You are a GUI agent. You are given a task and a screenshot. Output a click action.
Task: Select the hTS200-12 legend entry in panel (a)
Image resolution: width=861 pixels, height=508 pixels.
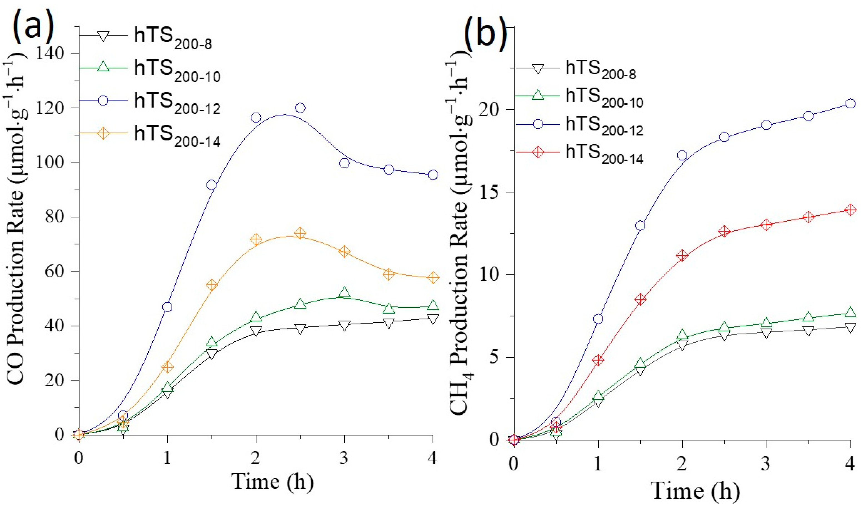pos(176,102)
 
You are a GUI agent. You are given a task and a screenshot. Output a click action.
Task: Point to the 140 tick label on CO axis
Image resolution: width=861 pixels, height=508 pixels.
pos(51,54)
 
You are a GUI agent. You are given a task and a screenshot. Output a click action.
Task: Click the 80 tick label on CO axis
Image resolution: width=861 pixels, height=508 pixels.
pos(55,217)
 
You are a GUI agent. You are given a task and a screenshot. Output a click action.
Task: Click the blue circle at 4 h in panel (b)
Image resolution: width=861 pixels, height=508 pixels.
pos(850,104)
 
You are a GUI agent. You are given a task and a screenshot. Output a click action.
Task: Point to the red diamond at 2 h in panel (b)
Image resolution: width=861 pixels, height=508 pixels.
pos(682,256)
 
